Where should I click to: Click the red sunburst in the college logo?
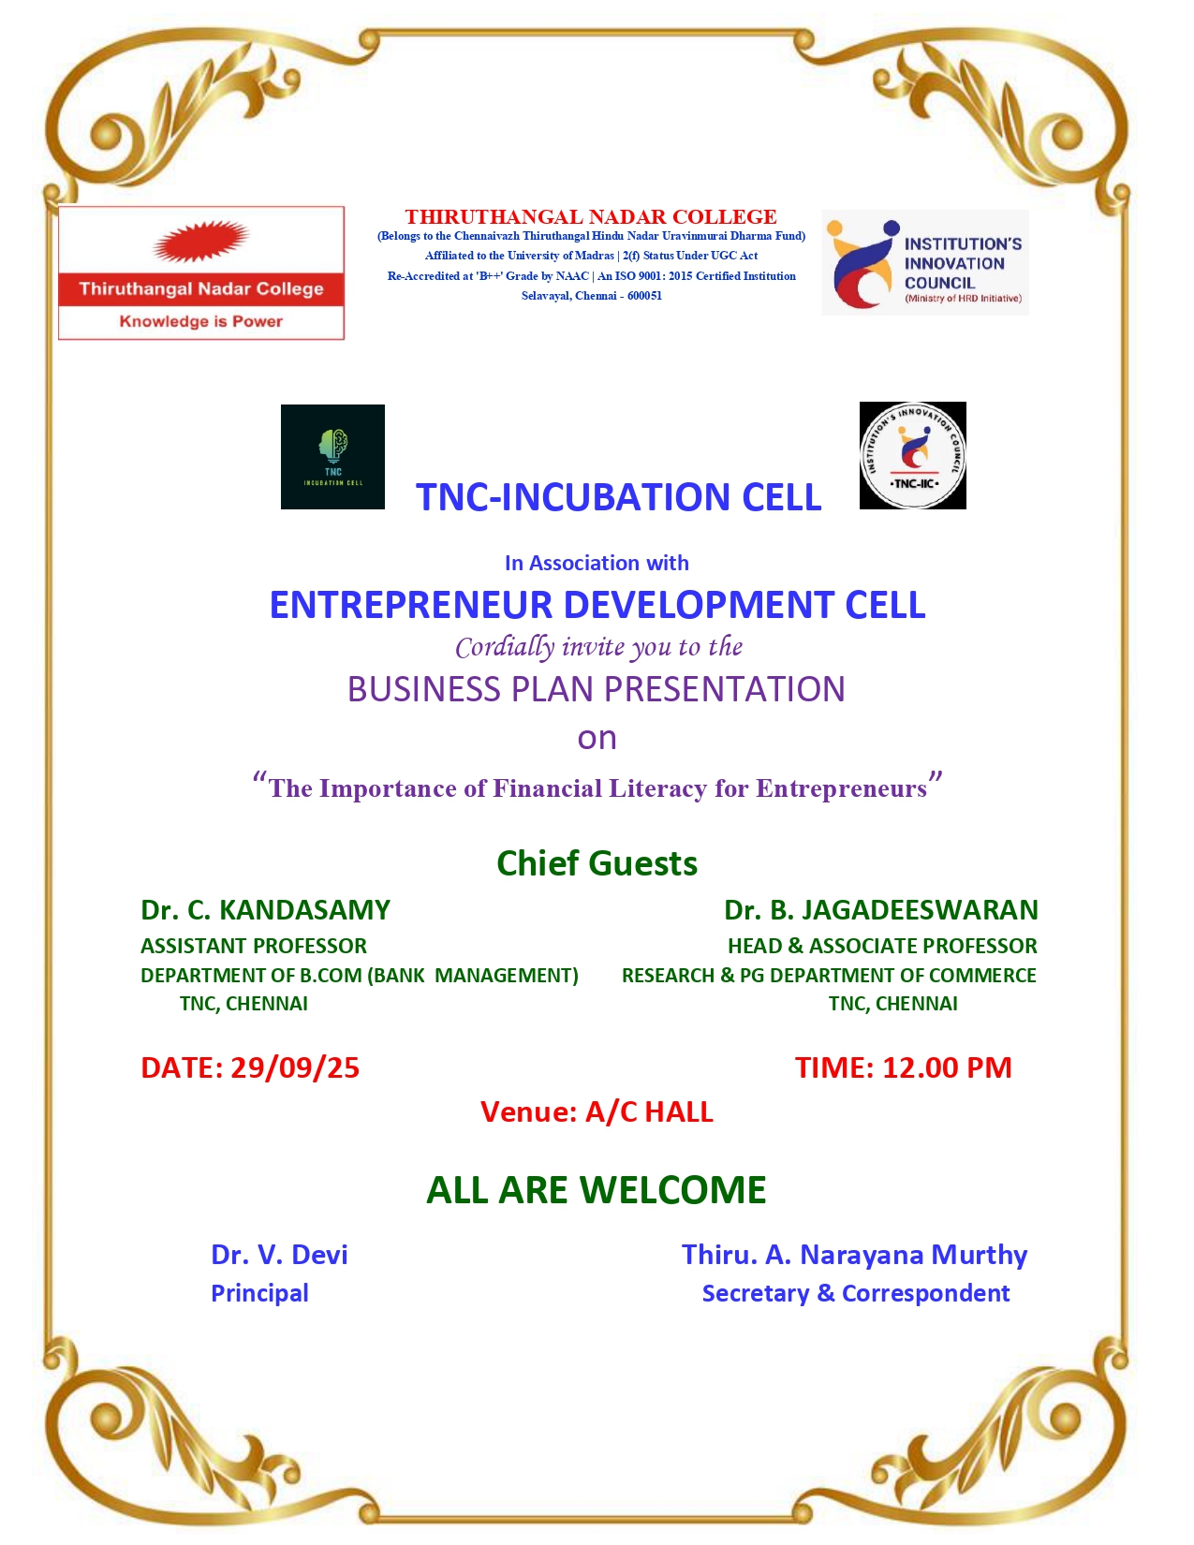pos(200,241)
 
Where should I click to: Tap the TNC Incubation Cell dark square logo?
pos(332,456)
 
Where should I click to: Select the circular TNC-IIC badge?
pos(912,456)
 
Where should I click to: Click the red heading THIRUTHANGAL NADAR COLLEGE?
pos(591,217)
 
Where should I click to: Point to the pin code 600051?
pos(644,296)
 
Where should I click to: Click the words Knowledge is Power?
pos(201,321)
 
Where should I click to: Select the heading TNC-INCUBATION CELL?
pos(619,497)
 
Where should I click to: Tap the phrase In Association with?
pos(597,563)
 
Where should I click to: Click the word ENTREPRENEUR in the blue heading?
pos(411,605)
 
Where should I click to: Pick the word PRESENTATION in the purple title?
pos(725,689)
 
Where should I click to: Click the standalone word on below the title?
pos(597,739)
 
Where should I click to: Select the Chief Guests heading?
pos(597,864)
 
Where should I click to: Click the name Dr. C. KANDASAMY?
pos(265,910)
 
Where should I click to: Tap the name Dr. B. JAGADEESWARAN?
pos(881,910)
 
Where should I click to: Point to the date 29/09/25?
pos(295,1067)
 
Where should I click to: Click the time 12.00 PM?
pos(947,1067)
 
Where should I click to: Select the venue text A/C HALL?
pos(649,1112)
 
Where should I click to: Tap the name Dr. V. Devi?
pos(279,1255)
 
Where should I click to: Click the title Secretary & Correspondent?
pos(856,1293)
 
